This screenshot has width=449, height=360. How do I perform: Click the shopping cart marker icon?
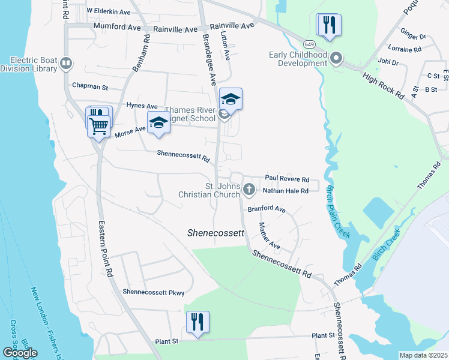coord(99,125)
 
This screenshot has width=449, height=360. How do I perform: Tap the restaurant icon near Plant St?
coord(197,322)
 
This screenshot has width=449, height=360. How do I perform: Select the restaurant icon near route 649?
coord(329,25)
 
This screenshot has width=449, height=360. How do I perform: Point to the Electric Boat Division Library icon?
coord(67,63)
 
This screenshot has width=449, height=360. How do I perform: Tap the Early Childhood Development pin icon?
coord(336,59)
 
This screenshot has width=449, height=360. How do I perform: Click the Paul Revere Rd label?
coord(287,179)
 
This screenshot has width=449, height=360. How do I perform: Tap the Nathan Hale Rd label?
coord(285,191)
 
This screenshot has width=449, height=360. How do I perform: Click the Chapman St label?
coord(89,86)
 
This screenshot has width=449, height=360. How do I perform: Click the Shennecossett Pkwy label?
coord(153,292)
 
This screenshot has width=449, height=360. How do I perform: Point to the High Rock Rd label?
coord(382,84)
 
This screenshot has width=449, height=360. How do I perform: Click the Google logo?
coord(20,353)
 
